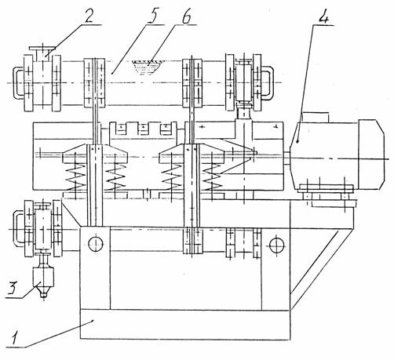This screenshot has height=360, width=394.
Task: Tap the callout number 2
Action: [89, 16]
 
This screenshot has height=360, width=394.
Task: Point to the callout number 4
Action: [323, 17]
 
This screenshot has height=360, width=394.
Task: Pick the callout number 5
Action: [152, 16]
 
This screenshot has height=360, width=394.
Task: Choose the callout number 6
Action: [186, 16]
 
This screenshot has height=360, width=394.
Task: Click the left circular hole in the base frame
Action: [96, 245]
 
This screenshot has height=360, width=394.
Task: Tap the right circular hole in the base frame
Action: [277, 245]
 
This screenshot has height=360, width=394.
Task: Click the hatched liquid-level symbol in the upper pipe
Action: [145, 67]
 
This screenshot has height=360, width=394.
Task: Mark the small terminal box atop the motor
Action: [315, 118]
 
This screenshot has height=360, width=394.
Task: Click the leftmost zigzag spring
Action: [75, 177]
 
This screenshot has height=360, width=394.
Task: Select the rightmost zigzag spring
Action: [213, 177]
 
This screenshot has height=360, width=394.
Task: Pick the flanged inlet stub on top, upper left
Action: [42, 54]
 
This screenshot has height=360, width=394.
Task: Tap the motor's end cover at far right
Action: [371, 155]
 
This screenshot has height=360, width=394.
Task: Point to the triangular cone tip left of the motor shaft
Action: [254, 153]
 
